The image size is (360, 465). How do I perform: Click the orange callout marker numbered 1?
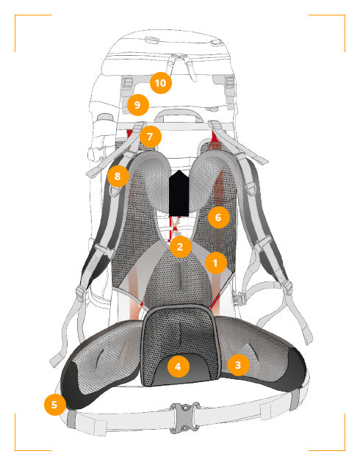(x=216, y=263)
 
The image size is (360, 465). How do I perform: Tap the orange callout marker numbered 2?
(x=180, y=246)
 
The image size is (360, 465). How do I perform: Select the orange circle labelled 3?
(x=238, y=365)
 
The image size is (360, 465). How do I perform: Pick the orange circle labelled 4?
(x=178, y=367)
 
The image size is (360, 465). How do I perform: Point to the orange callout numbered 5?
(x=54, y=405)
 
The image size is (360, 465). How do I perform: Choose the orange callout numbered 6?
(x=218, y=217)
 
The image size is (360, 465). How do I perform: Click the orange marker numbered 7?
(x=150, y=137)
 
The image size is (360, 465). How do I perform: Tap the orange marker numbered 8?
(x=118, y=176)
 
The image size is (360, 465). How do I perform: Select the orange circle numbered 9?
(x=137, y=105)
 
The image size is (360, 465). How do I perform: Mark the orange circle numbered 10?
(x=161, y=83)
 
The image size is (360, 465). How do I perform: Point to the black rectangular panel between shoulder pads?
(x=179, y=193)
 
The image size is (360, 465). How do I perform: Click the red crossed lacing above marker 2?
(x=174, y=228)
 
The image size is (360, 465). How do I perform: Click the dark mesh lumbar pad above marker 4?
(x=180, y=332)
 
